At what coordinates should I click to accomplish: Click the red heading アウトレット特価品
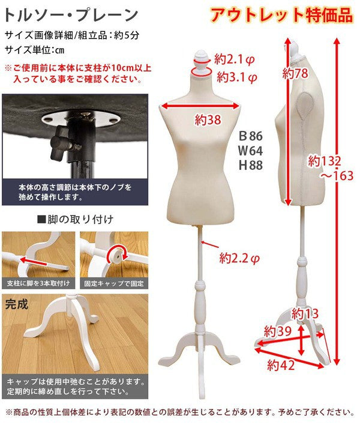coord(281,15)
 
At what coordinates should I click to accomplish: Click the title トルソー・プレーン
coord(71,15)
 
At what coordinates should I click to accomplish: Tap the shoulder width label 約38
coord(208,120)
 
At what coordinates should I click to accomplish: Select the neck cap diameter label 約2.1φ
coord(235,59)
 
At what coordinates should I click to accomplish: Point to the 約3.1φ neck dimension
coord(237,77)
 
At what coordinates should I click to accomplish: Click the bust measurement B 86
coord(251,136)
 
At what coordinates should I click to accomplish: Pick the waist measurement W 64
coord(251,151)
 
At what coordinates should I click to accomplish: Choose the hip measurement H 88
coord(251,165)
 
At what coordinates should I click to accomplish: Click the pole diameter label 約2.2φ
coord(239,258)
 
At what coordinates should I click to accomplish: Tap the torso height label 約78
coord(295,73)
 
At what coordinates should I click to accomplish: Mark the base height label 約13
coord(305,314)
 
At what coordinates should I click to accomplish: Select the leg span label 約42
coord(281,365)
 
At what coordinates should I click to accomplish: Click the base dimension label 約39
coord(278,331)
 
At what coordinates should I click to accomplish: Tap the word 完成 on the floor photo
coord(16,304)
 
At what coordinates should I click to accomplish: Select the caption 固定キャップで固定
coord(114,283)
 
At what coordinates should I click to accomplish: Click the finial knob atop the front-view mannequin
coord(202,60)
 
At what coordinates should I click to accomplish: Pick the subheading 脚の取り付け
coord(76,219)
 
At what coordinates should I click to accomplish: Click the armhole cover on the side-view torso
coord(305,108)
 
